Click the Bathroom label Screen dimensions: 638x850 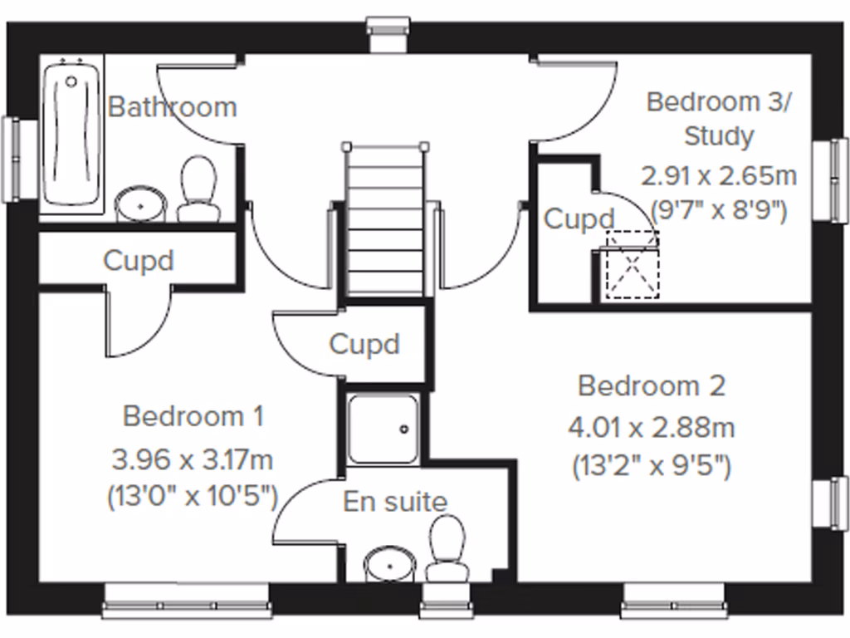[x=173, y=107]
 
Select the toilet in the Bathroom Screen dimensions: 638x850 [x=198, y=189]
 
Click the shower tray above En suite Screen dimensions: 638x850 [x=383, y=429]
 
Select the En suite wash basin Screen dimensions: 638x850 [x=389, y=564]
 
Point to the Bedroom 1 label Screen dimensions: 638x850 [x=193, y=415]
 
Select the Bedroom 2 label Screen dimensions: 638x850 [x=652, y=385]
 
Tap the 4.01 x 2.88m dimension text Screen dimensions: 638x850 [x=652, y=428]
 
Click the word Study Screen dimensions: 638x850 [x=719, y=135]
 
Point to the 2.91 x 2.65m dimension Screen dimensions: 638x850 [x=719, y=176]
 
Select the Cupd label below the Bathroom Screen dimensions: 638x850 [x=139, y=260]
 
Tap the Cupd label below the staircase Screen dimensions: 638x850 [x=364, y=344]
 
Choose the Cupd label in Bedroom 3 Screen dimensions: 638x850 [x=579, y=219]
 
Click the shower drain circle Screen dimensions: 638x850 [x=404, y=429]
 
